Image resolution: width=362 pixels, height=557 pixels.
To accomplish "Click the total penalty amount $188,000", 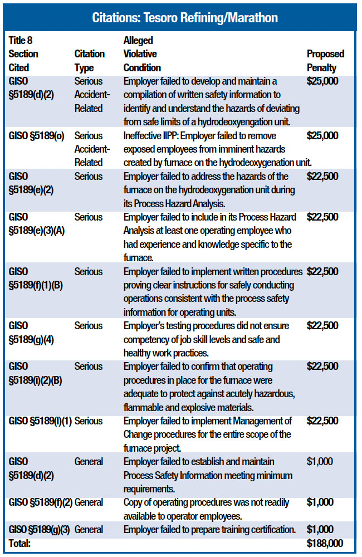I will (x=325, y=543).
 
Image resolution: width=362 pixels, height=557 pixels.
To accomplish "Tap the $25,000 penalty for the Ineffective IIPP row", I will (x=322, y=135).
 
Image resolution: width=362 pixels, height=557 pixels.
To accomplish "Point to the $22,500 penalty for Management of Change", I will (x=322, y=421).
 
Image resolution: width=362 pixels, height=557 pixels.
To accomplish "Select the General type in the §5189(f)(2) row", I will (x=89, y=502).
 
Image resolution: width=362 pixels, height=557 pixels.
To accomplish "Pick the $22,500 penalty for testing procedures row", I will (x=322, y=326).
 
